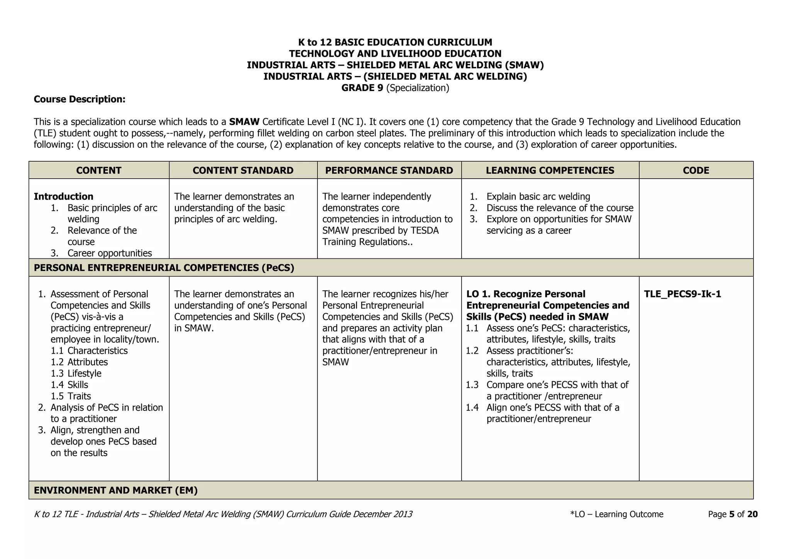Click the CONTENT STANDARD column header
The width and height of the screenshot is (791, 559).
243,171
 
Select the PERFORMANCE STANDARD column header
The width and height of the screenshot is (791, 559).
389,171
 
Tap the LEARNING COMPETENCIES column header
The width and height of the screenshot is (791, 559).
550,171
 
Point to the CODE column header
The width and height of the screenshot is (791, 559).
696,171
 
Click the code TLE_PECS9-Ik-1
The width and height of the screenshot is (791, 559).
682,294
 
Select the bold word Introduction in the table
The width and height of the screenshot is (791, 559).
63,197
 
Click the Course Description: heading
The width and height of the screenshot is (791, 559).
80,100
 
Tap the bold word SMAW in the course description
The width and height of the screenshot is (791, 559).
244,122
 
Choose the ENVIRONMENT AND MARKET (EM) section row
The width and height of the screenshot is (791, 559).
116,490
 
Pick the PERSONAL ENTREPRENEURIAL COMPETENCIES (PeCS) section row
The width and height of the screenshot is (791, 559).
164,268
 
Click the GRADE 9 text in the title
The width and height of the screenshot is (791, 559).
362,88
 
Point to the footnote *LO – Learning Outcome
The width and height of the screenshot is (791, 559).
616,514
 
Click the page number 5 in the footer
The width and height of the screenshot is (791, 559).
731,514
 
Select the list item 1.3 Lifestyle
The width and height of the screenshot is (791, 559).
76,373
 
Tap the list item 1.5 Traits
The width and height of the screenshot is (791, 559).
71,396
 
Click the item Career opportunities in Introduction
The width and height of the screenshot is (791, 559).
109,253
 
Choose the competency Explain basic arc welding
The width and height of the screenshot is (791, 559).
538,197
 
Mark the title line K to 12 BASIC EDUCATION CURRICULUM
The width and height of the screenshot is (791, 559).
395,42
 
